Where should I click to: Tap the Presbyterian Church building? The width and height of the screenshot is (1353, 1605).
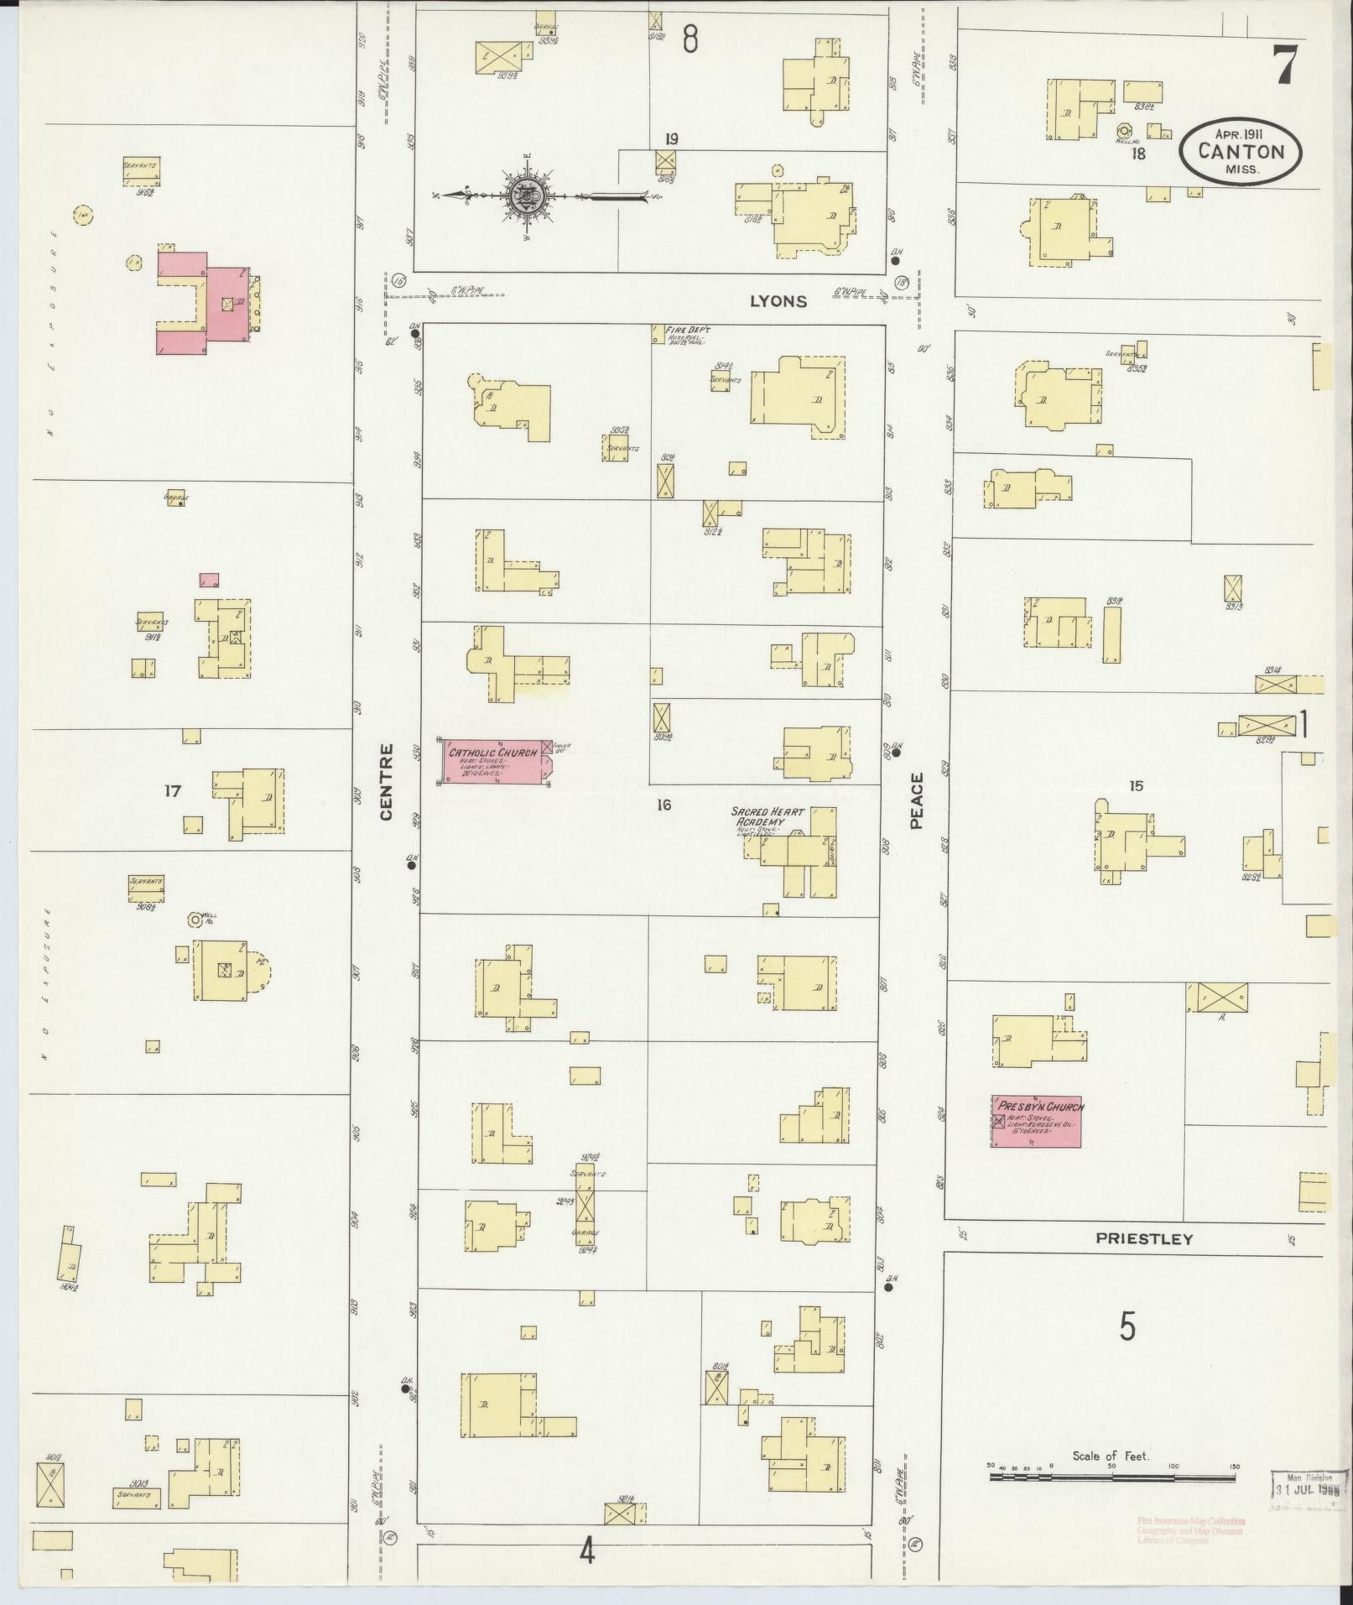(1036, 1121)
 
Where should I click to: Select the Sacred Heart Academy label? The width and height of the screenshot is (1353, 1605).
(767, 817)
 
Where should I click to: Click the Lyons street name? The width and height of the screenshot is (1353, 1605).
(778, 302)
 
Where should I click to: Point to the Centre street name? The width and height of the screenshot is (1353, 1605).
(387, 781)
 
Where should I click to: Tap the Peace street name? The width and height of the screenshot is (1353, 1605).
(917, 801)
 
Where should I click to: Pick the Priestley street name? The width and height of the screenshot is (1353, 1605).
(1144, 1238)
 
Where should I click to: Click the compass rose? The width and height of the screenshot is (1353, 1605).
(527, 196)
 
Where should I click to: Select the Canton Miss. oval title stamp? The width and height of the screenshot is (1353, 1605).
(1241, 152)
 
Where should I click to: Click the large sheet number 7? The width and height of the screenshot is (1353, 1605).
(1285, 65)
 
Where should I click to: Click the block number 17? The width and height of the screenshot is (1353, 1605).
(172, 790)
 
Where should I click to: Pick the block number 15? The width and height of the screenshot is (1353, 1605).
(1136, 786)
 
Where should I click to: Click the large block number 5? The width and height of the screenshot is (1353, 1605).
(1127, 1326)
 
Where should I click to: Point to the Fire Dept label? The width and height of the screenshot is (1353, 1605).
(687, 331)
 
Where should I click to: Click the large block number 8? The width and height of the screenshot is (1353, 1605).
(690, 39)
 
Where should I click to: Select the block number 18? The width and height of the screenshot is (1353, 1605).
(1138, 154)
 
